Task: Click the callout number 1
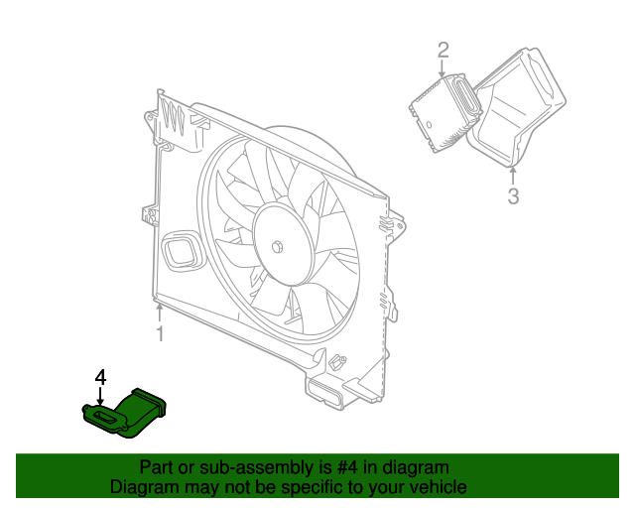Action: pyautogui.click(x=161, y=333)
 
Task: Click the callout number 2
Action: pyautogui.click(x=444, y=50)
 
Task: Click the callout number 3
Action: pyautogui.click(x=513, y=196)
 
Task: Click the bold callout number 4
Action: pyautogui.click(x=100, y=377)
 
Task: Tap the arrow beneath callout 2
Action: pyautogui.click(x=443, y=68)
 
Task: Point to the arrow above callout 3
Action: pyautogui.click(x=513, y=176)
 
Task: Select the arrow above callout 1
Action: pyautogui.click(x=160, y=314)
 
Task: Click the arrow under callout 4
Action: pyautogui.click(x=100, y=396)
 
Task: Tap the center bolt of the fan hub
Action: pyautogui.click(x=278, y=247)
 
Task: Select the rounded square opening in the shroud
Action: pyautogui.click(x=182, y=251)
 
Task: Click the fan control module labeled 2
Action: pyautogui.click(x=444, y=113)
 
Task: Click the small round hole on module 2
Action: pyautogui.click(x=429, y=124)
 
